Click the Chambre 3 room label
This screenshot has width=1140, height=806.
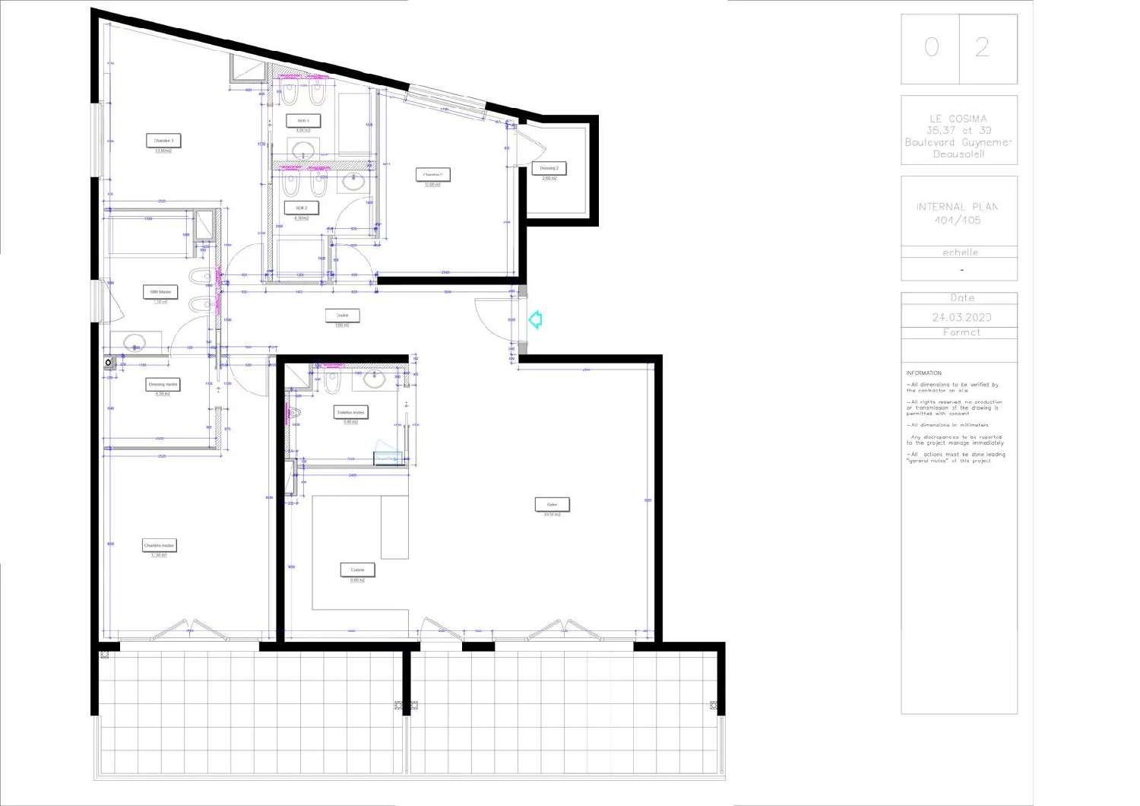tap(163, 141)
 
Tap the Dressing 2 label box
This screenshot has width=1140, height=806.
tap(549, 168)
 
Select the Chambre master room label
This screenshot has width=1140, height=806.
tap(160, 545)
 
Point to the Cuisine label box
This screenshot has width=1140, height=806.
tap(357, 570)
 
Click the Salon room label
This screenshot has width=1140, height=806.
tap(552, 504)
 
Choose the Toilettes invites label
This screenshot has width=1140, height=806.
tap(350, 412)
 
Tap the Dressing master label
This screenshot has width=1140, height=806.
tap(163, 384)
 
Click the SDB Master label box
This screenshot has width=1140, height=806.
tap(160, 292)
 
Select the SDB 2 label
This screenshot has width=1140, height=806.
tap(302, 208)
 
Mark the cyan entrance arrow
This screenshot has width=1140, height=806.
tap(535, 319)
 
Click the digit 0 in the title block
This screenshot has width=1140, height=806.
tap(931, 48)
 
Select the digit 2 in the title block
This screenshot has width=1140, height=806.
tap(982, 48)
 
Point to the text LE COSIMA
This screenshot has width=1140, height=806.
tap(958, 119)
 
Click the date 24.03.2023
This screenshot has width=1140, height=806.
tap(961, 317)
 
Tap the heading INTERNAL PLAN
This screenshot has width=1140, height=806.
tap(957, 207)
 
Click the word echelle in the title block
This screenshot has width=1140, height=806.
tap(960, 252)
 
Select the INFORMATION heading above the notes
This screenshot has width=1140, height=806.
tap(923, 373)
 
